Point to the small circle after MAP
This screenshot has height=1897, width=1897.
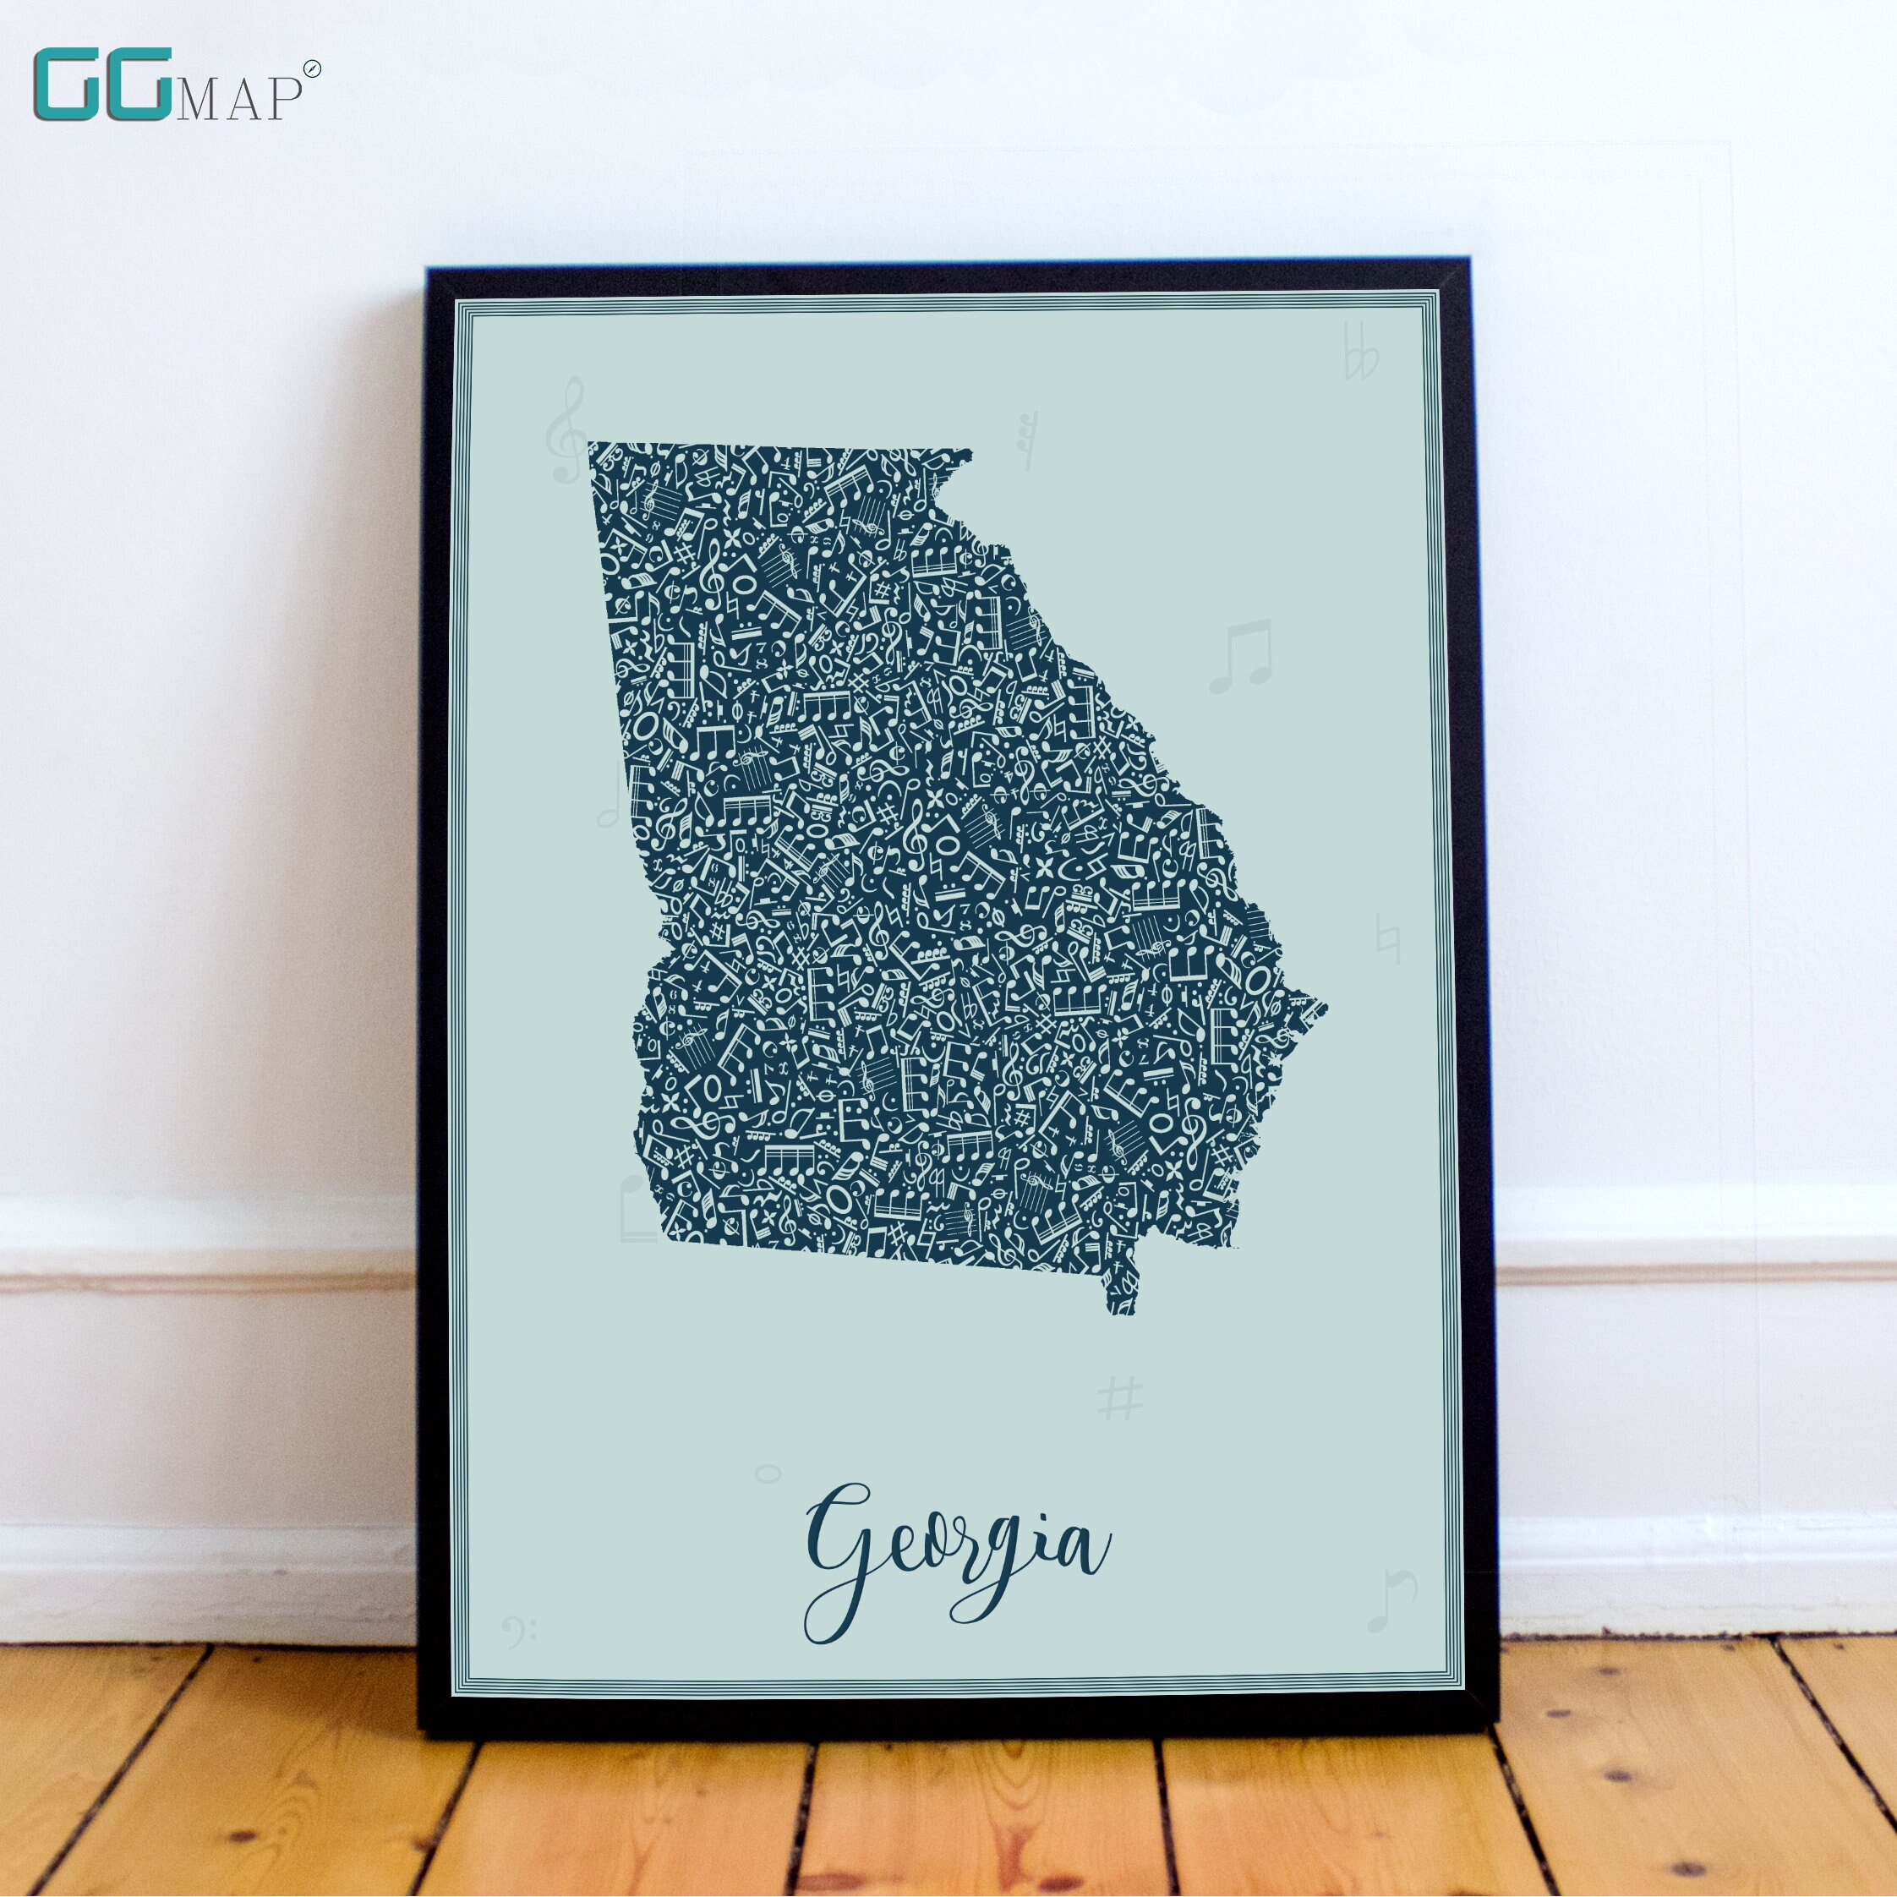coord(311,68)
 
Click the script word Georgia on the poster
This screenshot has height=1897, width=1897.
coord(956,1561)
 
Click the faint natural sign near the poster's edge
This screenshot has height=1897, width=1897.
coord(1387,938)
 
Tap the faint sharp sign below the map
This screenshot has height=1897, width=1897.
coord(1120,1398)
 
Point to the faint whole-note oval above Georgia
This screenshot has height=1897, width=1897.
coord(768,1473)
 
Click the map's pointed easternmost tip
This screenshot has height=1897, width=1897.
coord(1325,1007)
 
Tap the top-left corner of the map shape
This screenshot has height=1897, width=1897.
coord(590,445)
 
